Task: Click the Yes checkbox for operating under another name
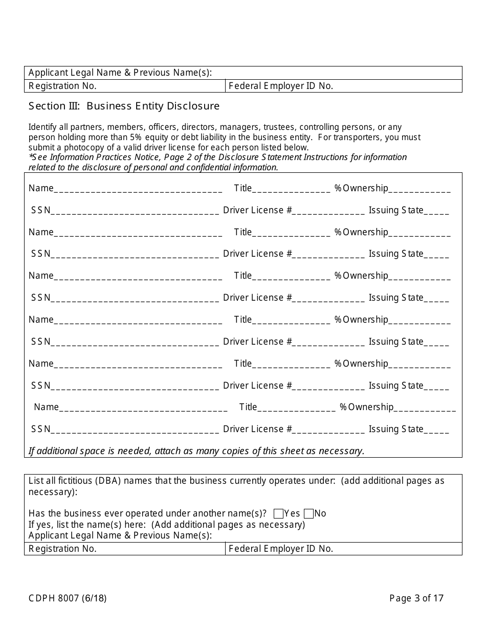click(x=279, y=513)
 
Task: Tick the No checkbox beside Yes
click(x=308, y=513)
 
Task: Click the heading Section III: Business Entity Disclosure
click(x=124, y=106)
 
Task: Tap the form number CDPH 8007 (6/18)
click(x=68, y=598)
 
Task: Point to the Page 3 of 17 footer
click(x=416, y=598)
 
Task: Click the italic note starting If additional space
click(x=196, y=451)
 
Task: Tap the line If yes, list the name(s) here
click(x=166, y=524)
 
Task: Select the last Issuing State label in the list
click(x=396, y=429)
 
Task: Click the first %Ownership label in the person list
click(x=361, y=188)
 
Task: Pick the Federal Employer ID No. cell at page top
click(x=343, y=86)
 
